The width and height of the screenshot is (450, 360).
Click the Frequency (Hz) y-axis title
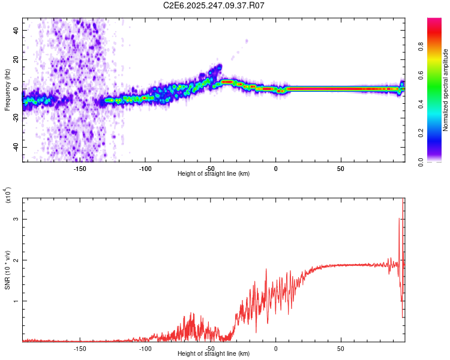[7, 89]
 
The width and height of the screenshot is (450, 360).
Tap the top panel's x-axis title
[214, 173]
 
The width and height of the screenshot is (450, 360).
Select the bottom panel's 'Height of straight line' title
[214, 353]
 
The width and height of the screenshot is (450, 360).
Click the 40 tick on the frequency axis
[16, 30]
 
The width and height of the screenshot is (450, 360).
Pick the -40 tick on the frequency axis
[14, 148]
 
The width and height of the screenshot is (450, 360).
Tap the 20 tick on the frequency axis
[16, 59]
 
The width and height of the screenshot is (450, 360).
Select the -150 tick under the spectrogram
[80, 168]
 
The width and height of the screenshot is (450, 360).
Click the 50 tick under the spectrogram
[340, 168]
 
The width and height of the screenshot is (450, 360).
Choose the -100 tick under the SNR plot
[145, 348]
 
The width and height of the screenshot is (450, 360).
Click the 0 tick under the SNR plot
[275, 348]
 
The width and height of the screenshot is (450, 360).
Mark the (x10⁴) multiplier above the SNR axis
[7, 196]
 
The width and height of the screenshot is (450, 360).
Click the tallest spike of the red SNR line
[403, 200]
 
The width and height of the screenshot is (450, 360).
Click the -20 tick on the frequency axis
[14, 118]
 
